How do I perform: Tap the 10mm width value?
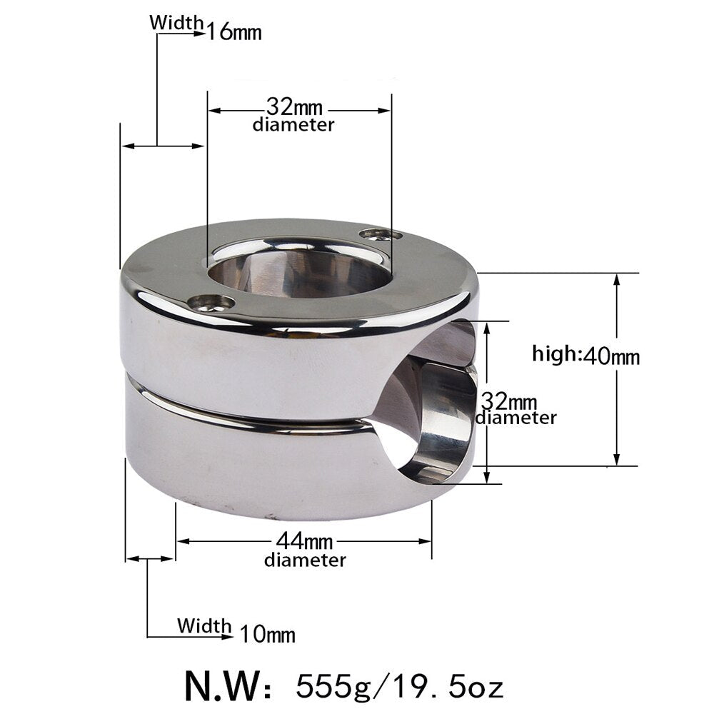[267, 633]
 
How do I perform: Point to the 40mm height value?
[611, 355]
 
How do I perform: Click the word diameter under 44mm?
[305, 560]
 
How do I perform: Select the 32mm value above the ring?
[294, 108]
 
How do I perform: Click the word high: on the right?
[557, 354]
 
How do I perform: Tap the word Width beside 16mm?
[176, 22]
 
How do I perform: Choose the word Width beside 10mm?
[205, 626]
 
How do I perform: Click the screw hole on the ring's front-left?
[211, 304]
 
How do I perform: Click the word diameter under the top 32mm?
[293, 125]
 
